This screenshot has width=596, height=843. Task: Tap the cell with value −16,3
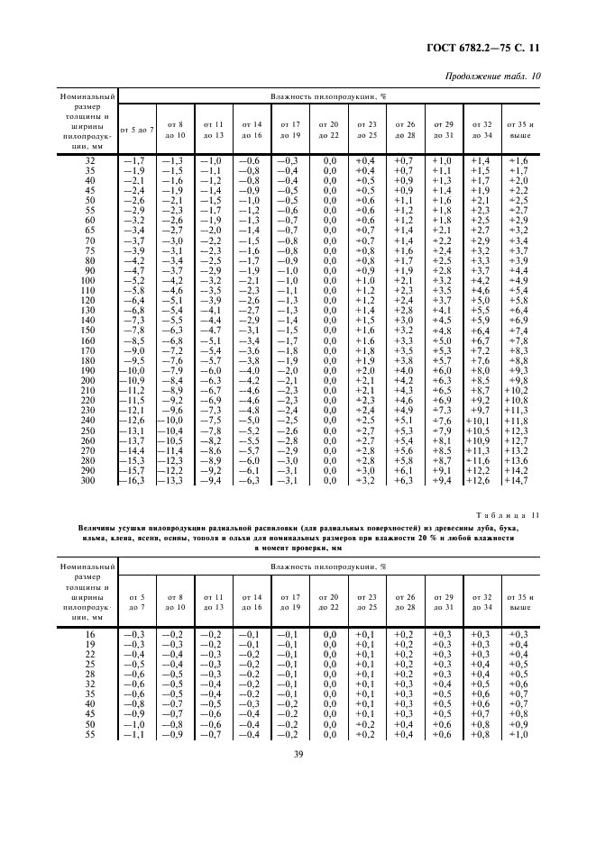137,481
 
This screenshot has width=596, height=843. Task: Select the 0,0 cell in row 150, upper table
330,331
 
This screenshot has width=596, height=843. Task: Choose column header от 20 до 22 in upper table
329,129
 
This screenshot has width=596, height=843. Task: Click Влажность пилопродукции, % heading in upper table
329,95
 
